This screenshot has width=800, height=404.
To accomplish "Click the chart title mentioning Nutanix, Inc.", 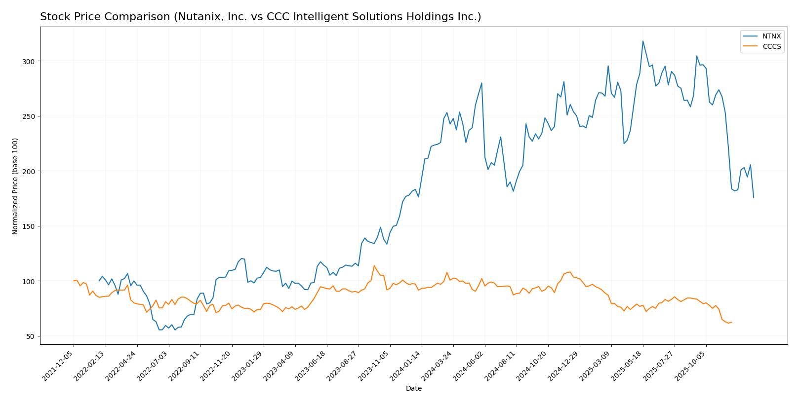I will (x=260, y=17).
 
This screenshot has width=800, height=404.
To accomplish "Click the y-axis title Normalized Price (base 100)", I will (x=15, y=186).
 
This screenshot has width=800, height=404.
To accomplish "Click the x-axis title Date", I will (x=413, y=388).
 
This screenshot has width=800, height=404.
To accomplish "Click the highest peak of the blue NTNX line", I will (x=642, y=41).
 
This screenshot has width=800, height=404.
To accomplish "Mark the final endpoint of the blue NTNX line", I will (x=754, y=198).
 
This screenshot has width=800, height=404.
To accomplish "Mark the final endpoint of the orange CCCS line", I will (x=731, y=322).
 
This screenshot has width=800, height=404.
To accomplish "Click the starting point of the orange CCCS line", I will (x=74, y=281).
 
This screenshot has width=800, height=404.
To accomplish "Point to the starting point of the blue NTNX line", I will (x=99, y=281).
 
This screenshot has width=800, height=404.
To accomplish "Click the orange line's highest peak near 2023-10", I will (x=374, y=266).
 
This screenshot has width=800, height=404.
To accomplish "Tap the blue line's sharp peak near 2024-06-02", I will (x=481, y=83).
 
